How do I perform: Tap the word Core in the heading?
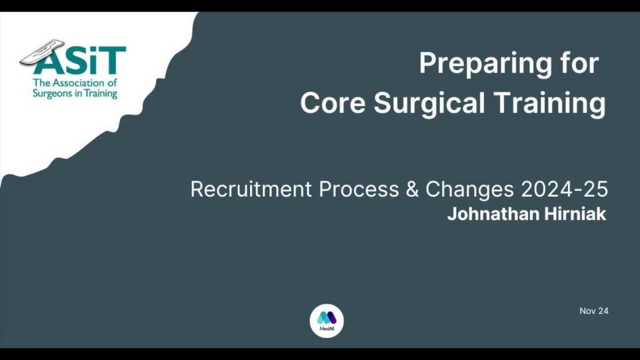point(333,103)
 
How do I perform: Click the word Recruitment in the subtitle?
point(251,189)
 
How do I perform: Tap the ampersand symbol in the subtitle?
point(412,189)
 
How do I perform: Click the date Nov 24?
point(594,311)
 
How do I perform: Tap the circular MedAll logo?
point(327,321)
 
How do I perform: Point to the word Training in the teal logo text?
point(101,94)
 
